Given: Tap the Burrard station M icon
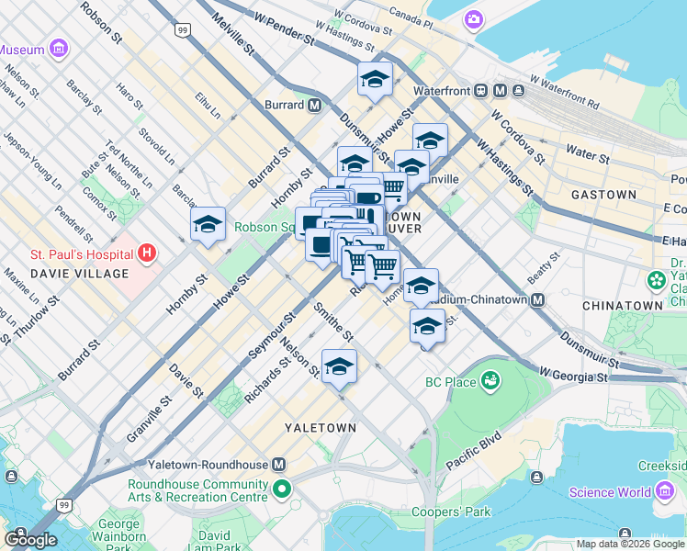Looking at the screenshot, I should click(x=315, y=105).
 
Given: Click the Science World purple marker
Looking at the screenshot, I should click(x=665, y=491).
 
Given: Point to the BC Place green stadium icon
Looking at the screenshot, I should click(x=490, y=378).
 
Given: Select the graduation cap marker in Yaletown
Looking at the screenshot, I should click(x=339, y=367).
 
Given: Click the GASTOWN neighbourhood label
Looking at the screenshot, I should click(x=603, y=195).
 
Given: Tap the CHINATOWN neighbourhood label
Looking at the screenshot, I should click(x=623, y=305).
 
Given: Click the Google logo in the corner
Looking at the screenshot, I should click(x=29, y=540).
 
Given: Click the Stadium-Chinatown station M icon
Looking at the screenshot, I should click(x=538, y=299).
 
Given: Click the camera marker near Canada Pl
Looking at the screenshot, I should click(x=473, y=18).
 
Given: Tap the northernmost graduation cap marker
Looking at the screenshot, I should click(x=375, y=81).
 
